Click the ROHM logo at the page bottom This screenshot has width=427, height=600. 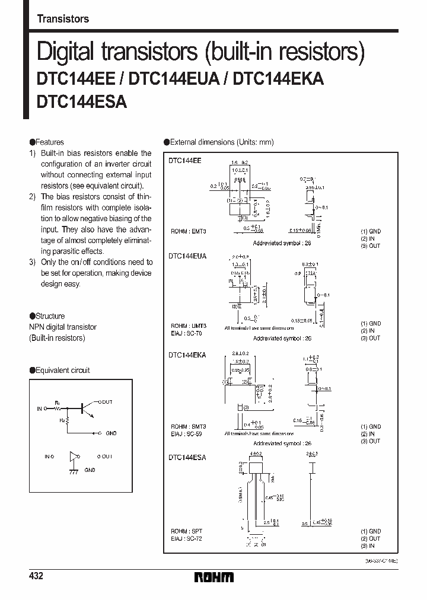pyautogui.click(x=213, y=577)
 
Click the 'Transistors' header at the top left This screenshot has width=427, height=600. pyautogui.click(x=63, y=19)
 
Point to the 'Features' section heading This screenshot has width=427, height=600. pyautogui.click(x=50, y=142)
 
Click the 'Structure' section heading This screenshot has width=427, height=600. pyautogui.click(x=50, y=316)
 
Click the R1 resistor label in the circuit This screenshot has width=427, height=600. pyautogui.click(x=58, y=403)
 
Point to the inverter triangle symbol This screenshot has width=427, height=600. pyautogui.click(x=74, y=457)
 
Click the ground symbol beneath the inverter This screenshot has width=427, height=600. pyautogui.click(x=74, y=471)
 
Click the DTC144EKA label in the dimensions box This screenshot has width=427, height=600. pyautogui.click(x=187, y=355)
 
